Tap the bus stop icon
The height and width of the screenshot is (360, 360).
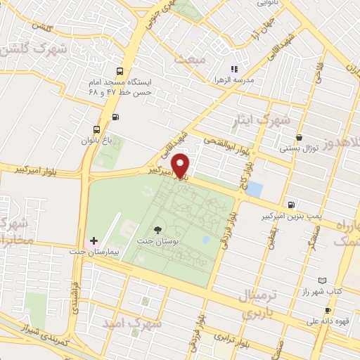coord(120,71)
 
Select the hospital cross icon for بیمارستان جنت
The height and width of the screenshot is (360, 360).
coord(94,241)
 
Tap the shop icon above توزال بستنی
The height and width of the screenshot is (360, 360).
coord(300,138)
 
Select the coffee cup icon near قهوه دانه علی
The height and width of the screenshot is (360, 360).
coord(328,310)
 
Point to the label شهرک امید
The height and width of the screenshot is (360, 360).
coord(132,323)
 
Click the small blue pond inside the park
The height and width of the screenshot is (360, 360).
coord(205,240)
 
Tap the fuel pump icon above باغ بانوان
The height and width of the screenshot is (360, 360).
coord(115,117)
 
